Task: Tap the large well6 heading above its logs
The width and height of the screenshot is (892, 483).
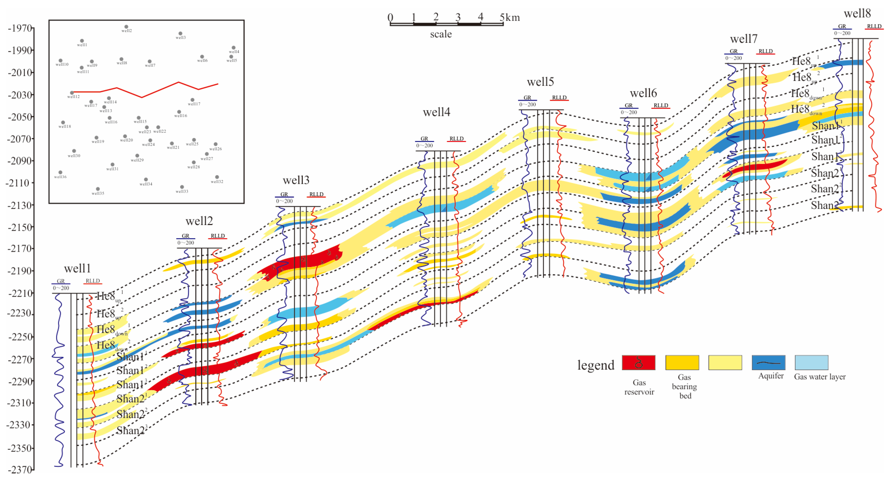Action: (643, 93)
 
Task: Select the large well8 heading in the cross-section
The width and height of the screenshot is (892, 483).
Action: (857, 13)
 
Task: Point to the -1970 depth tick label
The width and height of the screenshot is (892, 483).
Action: (20, 28)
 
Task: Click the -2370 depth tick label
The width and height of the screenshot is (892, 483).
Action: (20, 470)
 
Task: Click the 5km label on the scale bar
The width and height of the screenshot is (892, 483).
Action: (510, 17)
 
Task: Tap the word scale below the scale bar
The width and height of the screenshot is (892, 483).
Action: (441, 34)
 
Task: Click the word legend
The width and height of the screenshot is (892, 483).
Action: (596, 365)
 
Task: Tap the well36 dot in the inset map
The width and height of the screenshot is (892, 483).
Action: (60, 172)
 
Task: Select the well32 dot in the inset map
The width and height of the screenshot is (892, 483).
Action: (217, 177)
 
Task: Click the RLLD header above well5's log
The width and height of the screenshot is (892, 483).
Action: (559, 98)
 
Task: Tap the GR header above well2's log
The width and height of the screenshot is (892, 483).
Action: (186, 236)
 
